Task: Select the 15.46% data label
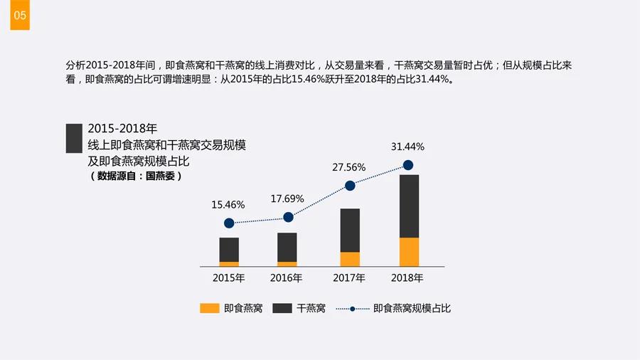228,205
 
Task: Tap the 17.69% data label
287,198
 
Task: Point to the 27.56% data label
349,167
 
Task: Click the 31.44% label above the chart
407,147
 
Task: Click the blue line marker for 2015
228,223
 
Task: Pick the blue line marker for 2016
288,217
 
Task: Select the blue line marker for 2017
350,186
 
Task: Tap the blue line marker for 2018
408,165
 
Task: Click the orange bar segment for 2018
409,252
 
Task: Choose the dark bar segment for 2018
409,206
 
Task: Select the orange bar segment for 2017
350,259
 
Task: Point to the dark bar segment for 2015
229,250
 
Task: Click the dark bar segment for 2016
287,247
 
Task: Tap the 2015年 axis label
229,277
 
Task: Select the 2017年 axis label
349,277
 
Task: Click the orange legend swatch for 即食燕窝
210,308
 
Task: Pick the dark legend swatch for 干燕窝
283,308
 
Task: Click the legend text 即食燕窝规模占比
412,308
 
